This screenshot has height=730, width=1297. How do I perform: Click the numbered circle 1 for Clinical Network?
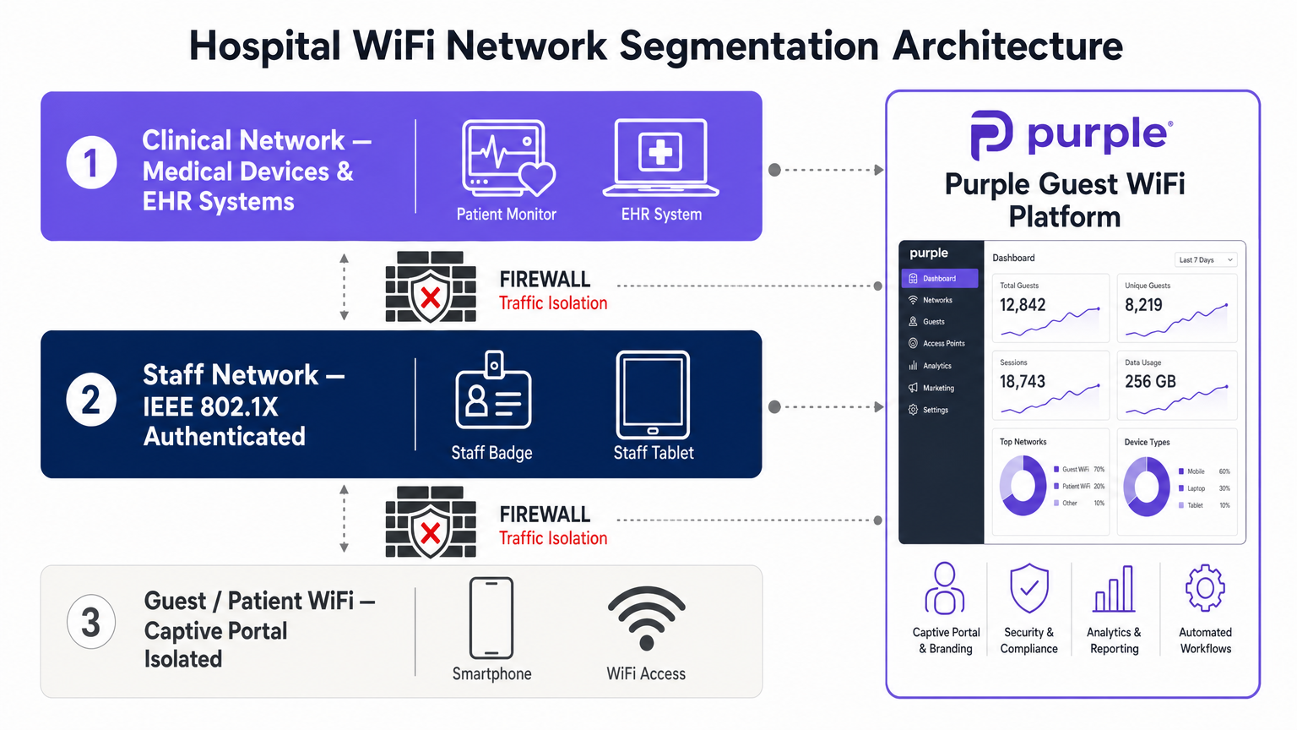[x=91, y=162]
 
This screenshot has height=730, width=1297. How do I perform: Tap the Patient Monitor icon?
[x=507, y=157]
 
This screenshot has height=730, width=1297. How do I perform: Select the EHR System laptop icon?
[x=660, y=157]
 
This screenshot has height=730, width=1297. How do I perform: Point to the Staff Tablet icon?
[x=653, y=394]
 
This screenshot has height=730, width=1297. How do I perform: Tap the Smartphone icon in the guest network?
[x=491, y=618]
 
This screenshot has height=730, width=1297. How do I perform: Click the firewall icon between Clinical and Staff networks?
[x=431, y=286]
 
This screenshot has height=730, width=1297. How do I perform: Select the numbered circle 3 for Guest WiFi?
[x=91, y=622]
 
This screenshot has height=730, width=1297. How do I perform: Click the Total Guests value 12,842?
[x=1023, y=305]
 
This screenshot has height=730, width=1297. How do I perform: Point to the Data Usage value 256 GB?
[x=1150, y=382]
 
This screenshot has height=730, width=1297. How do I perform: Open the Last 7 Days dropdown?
[x=1205, y=259]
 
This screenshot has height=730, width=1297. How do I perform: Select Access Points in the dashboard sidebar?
[x=942, y=344]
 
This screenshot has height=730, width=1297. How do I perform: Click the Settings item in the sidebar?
[x=935, y=410]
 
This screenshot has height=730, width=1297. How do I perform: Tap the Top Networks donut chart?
[x=1023, y=486]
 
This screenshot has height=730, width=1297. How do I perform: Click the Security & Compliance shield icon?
[x=1028, y=588]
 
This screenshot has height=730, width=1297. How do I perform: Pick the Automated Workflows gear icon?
[x=1205, y=588]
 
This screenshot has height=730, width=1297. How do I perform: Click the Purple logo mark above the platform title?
[x=991, y=134]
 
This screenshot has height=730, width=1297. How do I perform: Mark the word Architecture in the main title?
[x=1007, y=46]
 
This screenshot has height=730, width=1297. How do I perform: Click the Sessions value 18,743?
[x=1023, y=382]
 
